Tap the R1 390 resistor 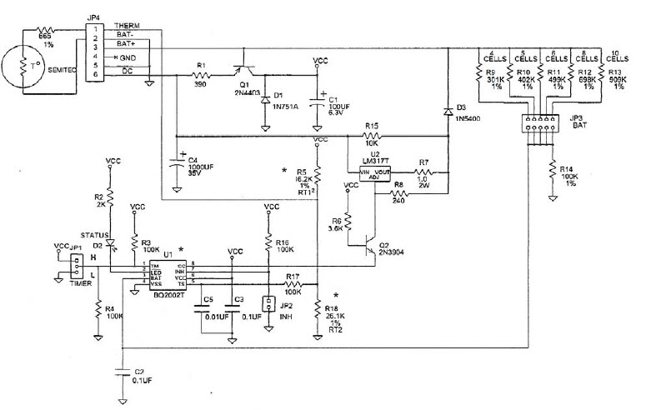pos(199,77)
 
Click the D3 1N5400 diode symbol pos(448,111)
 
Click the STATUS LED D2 pos(110,244)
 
